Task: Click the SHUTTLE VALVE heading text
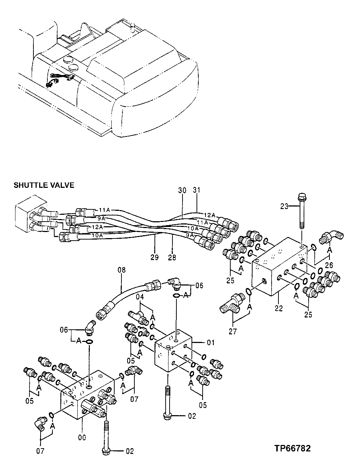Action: tap(44, 185)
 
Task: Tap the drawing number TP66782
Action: tap(292, 448)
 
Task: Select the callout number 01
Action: tap(211, 342)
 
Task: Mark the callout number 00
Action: tap(82, 437)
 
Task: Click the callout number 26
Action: tap(329, 265)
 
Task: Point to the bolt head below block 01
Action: tap(168, 415)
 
